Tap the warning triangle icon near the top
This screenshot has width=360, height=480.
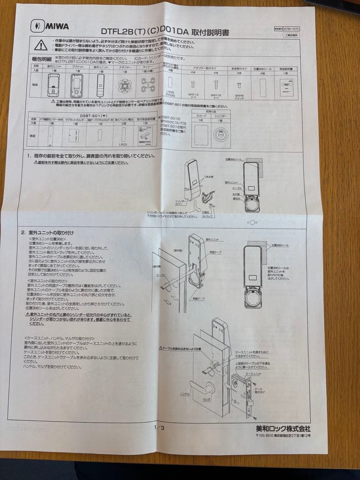pyautogui.click(x=40, y=44)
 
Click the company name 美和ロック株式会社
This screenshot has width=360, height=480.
pyautogui.click(x=283, y=428)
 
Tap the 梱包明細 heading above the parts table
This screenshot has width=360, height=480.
pyautogui.click(x=42, y=59)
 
